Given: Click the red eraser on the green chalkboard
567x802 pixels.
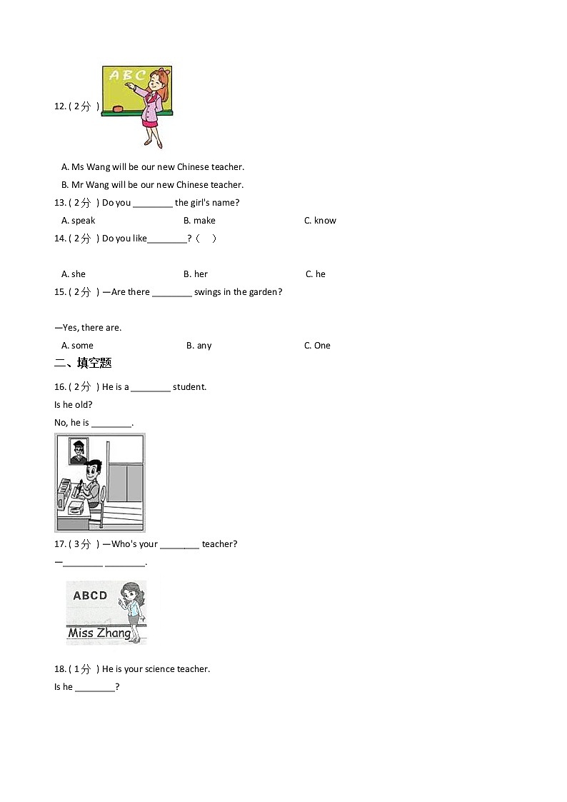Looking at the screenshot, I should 118,109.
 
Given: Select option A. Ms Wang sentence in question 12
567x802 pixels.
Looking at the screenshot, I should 153,167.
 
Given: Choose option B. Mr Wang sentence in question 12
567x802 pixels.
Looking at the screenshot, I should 152,185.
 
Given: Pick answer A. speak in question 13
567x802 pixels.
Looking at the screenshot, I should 79,221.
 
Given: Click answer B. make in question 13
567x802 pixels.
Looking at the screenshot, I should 199,221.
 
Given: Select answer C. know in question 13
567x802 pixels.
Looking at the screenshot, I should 320,221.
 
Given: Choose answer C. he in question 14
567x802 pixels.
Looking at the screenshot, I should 316,274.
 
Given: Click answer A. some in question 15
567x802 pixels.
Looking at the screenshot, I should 77,346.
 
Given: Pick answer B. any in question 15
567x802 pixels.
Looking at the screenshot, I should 199,346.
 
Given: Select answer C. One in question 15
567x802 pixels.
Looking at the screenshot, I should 317,346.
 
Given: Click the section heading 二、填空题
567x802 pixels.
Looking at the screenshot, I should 83,364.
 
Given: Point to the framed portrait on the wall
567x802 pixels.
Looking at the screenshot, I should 79,451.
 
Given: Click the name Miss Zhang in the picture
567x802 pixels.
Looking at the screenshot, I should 99,633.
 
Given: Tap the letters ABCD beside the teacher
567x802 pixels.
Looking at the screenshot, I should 90,596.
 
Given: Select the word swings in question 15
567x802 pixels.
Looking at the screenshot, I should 208,292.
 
